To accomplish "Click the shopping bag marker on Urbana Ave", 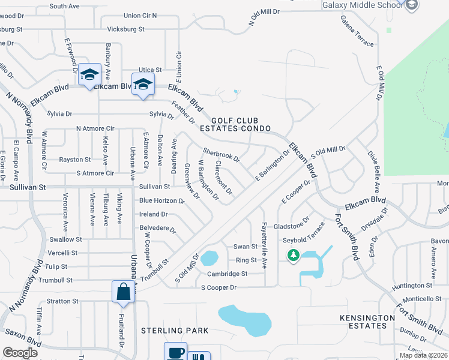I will point(123,292).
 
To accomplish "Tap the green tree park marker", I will point(294,256).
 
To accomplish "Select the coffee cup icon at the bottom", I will point(176,352).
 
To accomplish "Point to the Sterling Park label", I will point(175,331).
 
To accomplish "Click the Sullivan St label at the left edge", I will point(28,187).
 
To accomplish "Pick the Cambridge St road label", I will point(227,274).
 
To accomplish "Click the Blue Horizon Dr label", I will point(162,200).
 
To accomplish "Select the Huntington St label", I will point(412,286).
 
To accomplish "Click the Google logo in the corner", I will point(20,353).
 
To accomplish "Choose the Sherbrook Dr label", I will point(221,155).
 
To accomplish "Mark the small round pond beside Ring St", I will point(209,259).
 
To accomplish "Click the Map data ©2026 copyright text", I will point(423,355).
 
